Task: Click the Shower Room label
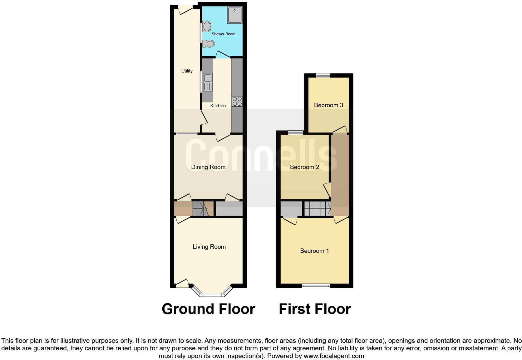coord(223,34)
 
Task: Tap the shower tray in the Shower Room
coord(235,15)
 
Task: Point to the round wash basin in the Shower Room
coord(207,26)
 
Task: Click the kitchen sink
coord(208,82)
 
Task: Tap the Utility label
coord(187,71)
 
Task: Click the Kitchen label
coord(218,106)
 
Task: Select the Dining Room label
coord(208,167)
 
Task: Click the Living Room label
coord(209,247)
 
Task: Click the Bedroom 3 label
coord(328,105)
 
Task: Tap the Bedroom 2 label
coord(304,167)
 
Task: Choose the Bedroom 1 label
coord(314,251)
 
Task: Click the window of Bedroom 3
coord(323,75)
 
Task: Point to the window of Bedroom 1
coord(316,285)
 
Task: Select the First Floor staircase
coord(318,208)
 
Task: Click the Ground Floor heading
coord(208,309)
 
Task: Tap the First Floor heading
coord(315,309)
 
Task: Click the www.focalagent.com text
coord(334,356)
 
